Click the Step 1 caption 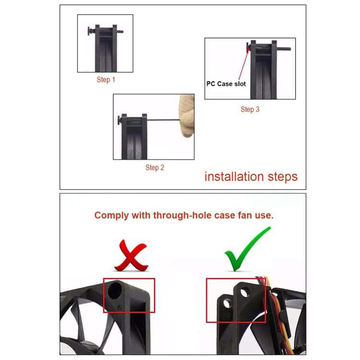pos(106,80)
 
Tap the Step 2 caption pos(155,168)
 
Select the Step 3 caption pos(250,109)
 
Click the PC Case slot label pos(226,84)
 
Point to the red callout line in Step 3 pos(243,65)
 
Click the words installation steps pos(251,177)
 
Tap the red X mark pos(132,255)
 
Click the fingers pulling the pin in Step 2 pos(187,116)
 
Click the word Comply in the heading pos(111,216)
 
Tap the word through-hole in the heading pos(182,215)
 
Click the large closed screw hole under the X pos(115,290)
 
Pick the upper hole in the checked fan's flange pos(245,292)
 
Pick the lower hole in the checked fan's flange pos(227,303)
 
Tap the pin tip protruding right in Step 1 pos(120,32)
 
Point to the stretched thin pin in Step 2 pos(163,120)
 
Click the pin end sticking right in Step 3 pos(284,48)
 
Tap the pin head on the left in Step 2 pos(120,120)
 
